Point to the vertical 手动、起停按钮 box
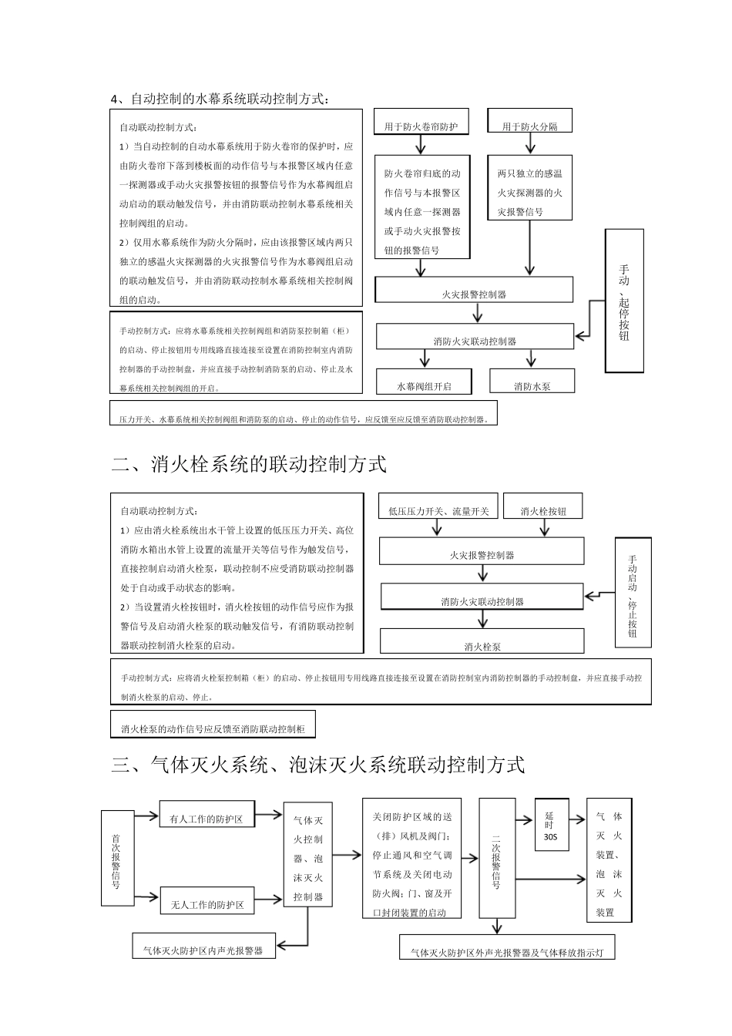click(x=623, y=301)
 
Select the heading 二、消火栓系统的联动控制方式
click(x=249, y=465)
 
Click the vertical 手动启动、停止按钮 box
click(x=633, y=592)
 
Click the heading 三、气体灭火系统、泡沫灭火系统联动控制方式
click(x=318, y=765)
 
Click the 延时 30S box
click(x=551, y=825)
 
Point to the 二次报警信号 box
click(x=496, y=858)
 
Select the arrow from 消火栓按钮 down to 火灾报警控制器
click(x=544, y=527)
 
